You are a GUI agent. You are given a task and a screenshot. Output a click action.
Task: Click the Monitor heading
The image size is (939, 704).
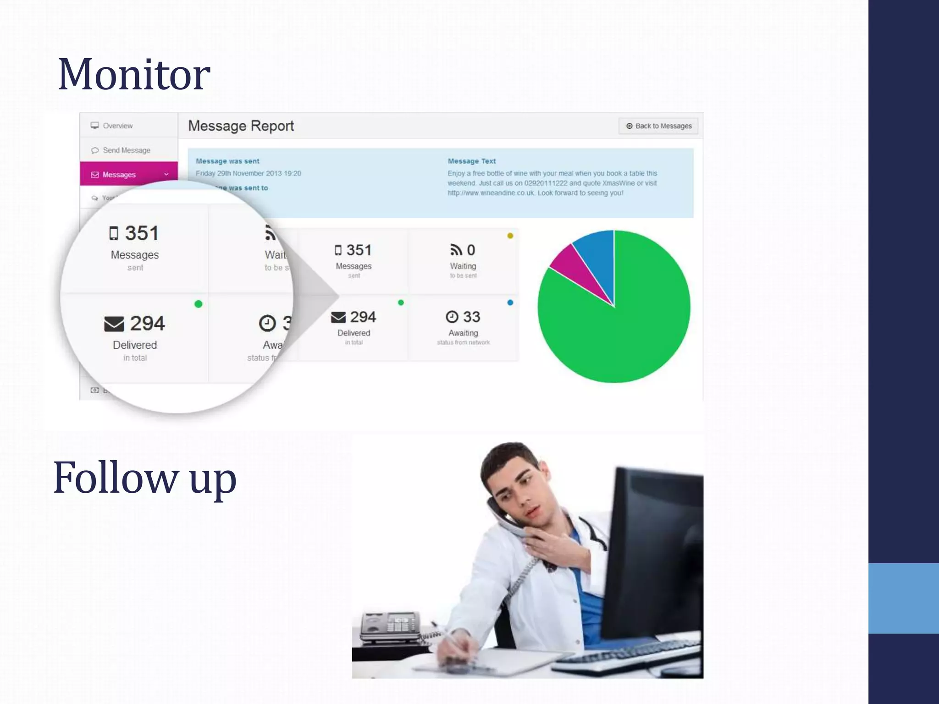(x=134, y=74)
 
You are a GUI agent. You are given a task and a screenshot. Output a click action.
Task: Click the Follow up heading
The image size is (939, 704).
(x=144, y=478)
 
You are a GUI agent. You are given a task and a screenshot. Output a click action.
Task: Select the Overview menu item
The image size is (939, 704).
(x=117, y=126)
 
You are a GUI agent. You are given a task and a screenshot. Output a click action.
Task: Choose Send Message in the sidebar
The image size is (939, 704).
(x=126, y=150)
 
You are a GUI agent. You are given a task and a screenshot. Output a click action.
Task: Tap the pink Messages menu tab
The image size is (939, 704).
(x=119, y=175)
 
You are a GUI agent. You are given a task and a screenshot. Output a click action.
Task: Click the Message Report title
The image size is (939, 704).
(x=241, y=126)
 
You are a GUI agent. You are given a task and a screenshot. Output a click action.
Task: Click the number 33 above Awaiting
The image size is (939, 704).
(x=471, y=317)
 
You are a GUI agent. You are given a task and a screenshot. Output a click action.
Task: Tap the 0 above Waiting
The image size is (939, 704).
(x=471, y=250)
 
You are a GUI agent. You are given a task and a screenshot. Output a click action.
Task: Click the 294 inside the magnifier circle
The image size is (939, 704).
(x=147, y=324)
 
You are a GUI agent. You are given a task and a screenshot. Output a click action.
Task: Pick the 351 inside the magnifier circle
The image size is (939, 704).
(x=142, y=233)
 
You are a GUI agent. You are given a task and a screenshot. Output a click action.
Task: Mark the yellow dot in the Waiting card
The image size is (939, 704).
(x=510, y=236)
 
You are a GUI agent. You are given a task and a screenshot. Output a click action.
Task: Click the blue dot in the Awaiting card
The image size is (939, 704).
(x=510, y=302)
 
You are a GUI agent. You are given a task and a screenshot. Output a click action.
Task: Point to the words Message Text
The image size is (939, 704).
(x=471, y=161)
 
